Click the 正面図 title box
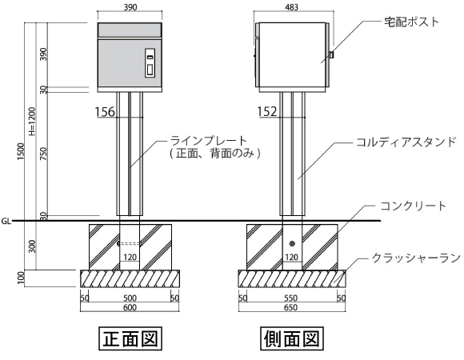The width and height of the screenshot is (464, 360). click(130, 338)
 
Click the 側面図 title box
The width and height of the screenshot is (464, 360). click(291, 338)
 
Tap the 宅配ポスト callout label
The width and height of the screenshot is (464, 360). click(411, 22)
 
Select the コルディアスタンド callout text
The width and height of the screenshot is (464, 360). click(406, 142)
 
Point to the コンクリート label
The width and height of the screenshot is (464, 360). click(413, 206)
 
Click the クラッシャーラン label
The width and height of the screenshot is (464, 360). click(416, 258)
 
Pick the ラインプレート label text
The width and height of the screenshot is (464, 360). click(209, 140)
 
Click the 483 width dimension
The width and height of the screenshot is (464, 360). click(292, 7)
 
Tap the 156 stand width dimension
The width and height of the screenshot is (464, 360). click(105, 112)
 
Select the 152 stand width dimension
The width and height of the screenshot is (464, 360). click(267, 111)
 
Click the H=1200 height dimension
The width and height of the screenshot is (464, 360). click(32, 122)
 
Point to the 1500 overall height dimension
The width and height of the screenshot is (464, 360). click(21, 151)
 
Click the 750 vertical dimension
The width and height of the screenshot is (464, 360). click(43, 154)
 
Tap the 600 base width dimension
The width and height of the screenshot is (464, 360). click(130, 308)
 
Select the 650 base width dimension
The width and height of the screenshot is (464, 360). click(290, 308)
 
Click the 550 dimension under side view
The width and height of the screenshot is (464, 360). click(290, 298)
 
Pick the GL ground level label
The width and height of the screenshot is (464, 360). click(6, 222)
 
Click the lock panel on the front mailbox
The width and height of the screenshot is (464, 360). click(150, 62)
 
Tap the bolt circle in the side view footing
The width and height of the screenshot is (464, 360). click(292, 244)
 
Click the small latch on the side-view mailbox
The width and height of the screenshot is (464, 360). click(331, 54)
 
